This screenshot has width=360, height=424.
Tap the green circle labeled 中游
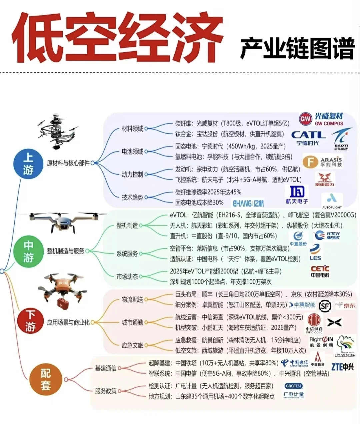click(x=28, y=251)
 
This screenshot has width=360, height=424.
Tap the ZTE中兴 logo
click(x=342, y=367)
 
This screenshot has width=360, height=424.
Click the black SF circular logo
click(x=325, y=306)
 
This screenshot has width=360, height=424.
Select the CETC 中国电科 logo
click(x=320, y=271)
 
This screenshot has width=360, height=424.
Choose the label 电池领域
click(x=132, y=152)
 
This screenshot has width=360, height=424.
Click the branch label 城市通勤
click(x=132, y=322)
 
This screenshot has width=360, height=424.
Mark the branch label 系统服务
click(x=127, y=254)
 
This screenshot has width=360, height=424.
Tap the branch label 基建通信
click(x=106, y=368)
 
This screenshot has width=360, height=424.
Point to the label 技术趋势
click(x=132, y=197)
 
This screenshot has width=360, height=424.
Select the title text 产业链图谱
click(x=297, y=49)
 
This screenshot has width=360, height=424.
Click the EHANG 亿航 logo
click(x=248, y=203)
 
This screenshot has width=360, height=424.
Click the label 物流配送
click(x=132, y=299)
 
